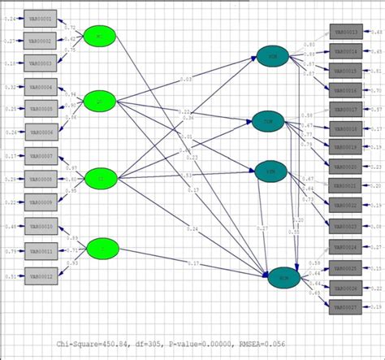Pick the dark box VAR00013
tap(345, 32)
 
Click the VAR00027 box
tap(345, 307)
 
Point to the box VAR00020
tap(345, 167)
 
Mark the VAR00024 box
tap(345, 247)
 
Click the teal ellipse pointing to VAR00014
tap(272, 55)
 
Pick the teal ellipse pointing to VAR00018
tap(267, 123)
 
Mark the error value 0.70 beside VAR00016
tap(376, 92)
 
